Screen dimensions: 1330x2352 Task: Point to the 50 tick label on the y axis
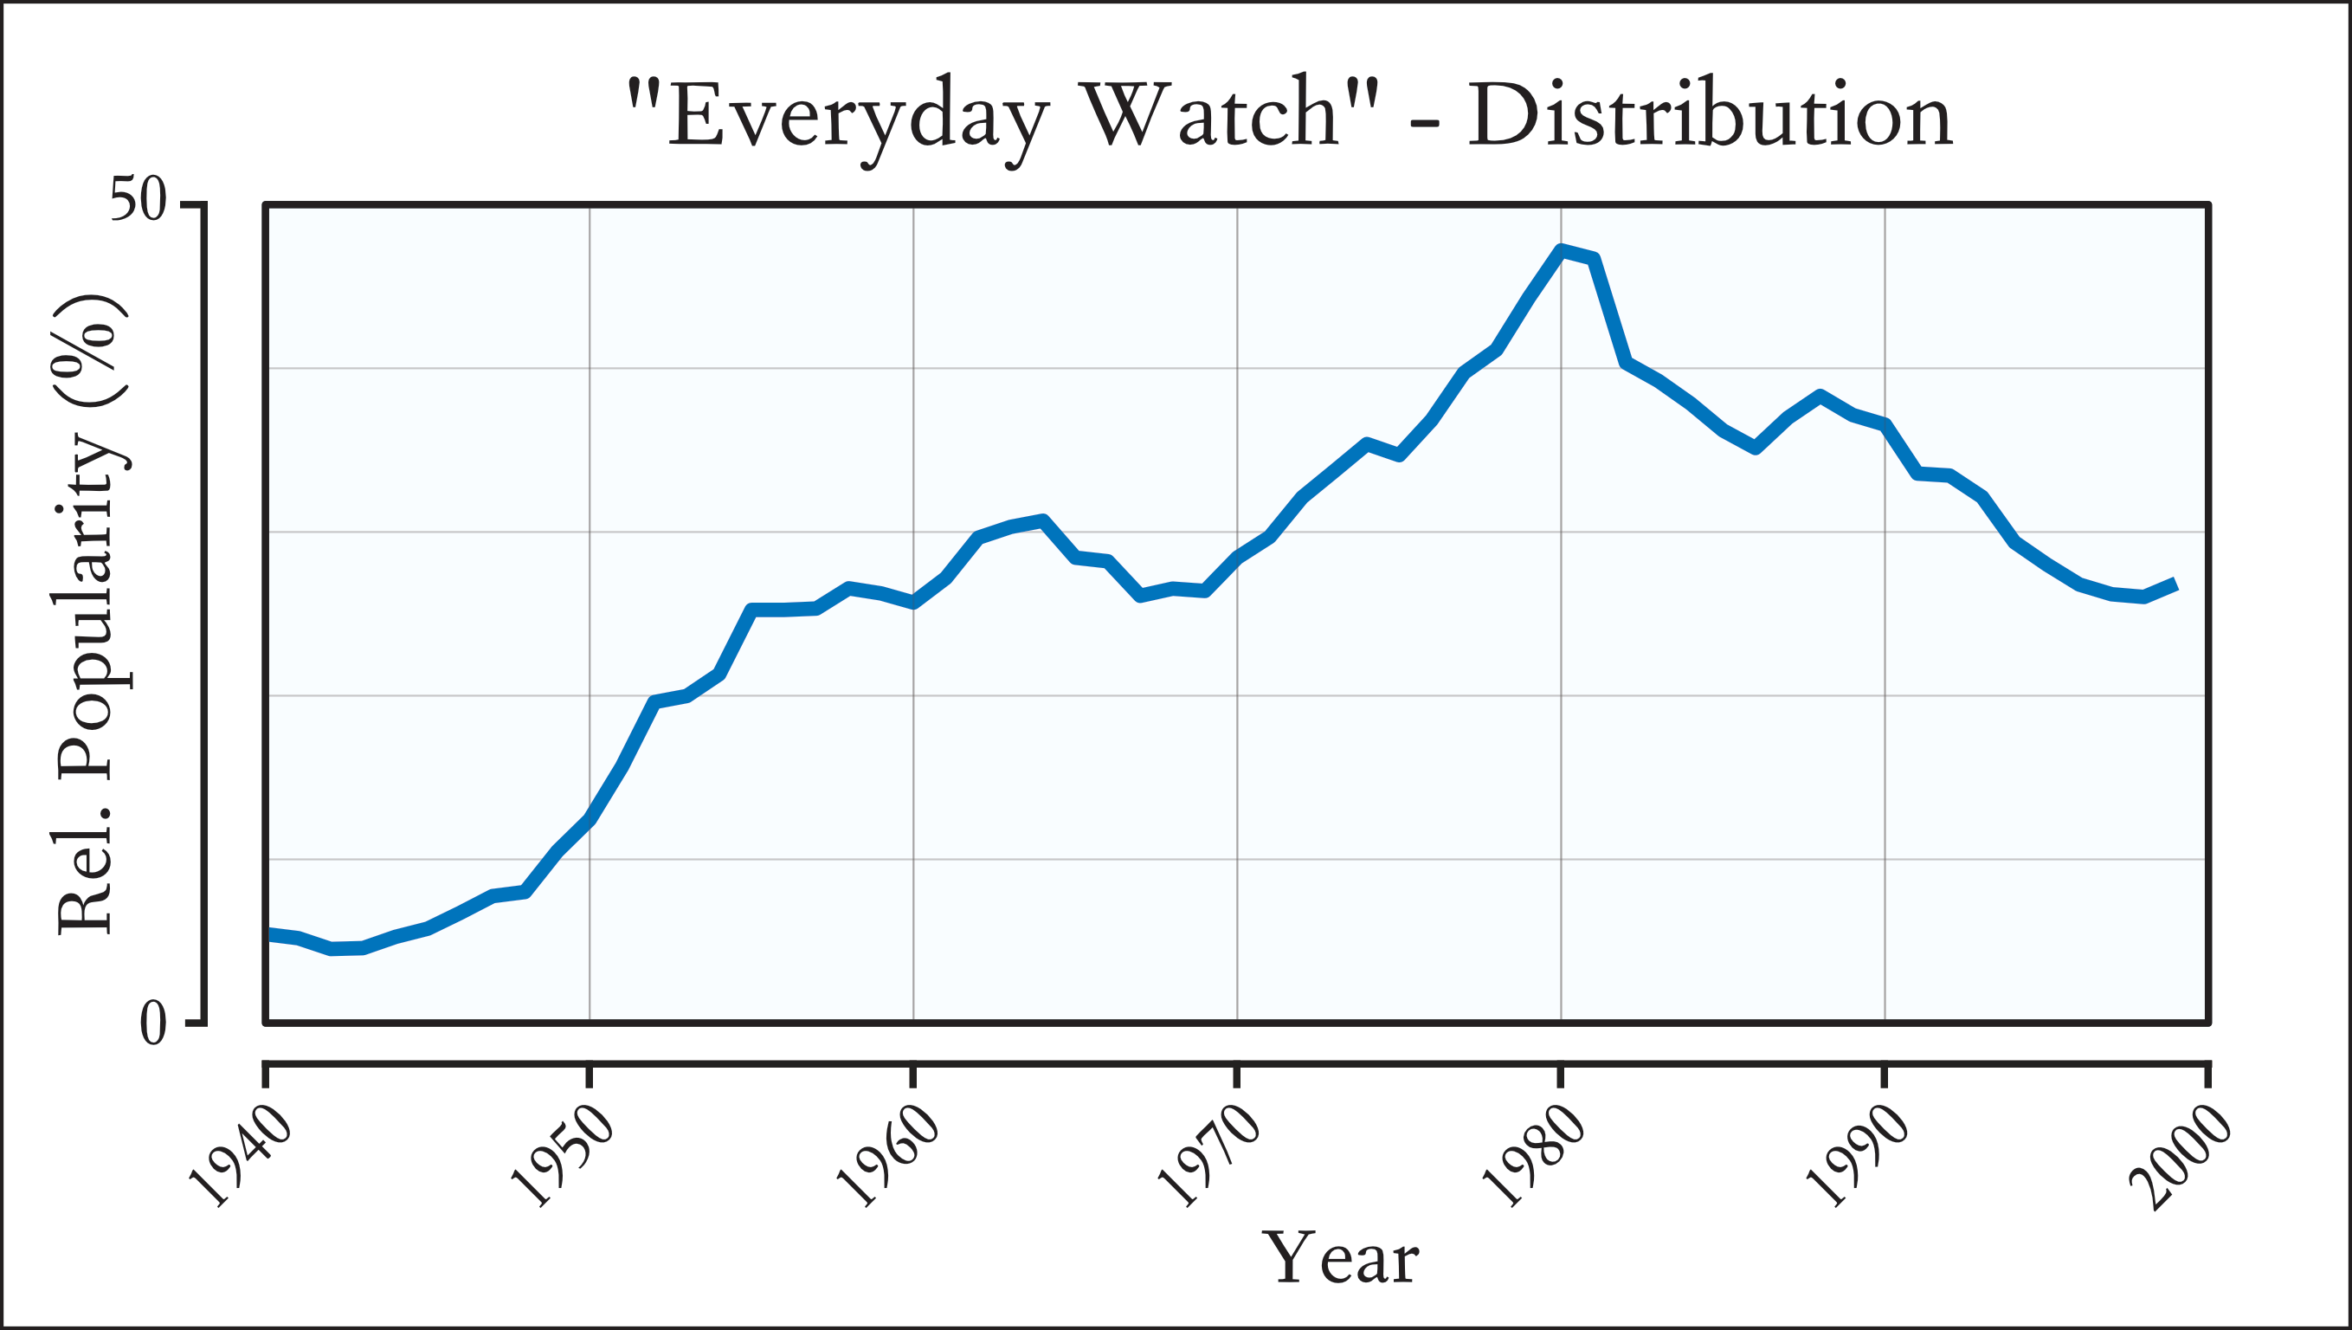pos(138,200)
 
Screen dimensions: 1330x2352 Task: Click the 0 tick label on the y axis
pos(152,1024)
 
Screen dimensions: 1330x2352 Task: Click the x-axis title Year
pos(1339,1259)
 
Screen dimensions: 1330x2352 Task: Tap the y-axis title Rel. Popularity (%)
pos(89,614)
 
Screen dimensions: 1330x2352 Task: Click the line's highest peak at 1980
pos(1562,250)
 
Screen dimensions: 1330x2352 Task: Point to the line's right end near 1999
pos(2176,584)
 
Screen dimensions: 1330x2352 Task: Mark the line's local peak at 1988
pos(1820,397)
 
